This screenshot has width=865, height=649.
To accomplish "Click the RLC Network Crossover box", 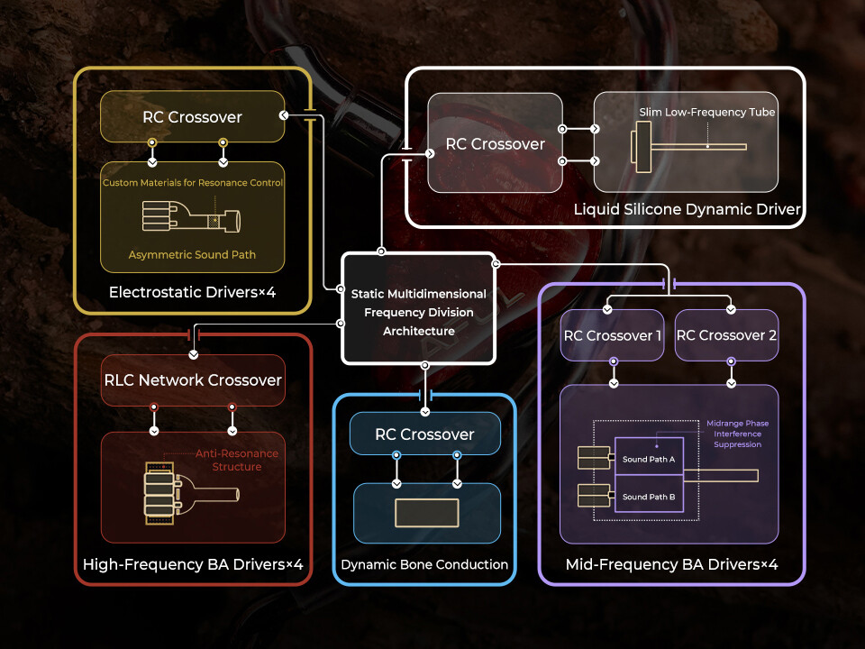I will coord(193,380).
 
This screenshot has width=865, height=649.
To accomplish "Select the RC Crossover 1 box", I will coord(613,335).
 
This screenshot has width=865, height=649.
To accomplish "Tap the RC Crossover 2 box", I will coord(725,335).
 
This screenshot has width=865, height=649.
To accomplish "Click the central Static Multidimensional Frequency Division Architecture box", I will coord(418,312).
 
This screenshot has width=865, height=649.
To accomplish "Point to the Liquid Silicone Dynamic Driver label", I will coord(687,210).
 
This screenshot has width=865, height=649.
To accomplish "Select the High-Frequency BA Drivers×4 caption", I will coord(193,565).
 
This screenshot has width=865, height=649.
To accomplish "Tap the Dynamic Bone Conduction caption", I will coord(424,565).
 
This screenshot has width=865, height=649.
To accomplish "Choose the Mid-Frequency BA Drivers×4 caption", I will coord(671,565).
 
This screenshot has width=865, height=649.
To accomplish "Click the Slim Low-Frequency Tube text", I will coord(709,113).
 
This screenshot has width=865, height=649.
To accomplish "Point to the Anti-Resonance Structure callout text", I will coord(237,460).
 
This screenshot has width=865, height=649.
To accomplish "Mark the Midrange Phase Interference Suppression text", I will coord(737,434).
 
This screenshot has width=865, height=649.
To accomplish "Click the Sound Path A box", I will coord(649,459).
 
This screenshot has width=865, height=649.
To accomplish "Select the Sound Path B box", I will coord(649,497).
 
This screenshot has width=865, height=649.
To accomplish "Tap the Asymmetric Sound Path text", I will coord(192,255).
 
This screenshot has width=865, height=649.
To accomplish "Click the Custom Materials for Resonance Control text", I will coord(193,183).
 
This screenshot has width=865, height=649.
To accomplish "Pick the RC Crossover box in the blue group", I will coord(424,434).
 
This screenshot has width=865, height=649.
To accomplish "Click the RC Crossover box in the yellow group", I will coord(192,117).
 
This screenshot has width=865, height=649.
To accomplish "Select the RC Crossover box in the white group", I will coord(496,144).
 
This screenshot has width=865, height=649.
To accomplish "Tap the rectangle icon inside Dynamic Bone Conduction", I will coord(426,513).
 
